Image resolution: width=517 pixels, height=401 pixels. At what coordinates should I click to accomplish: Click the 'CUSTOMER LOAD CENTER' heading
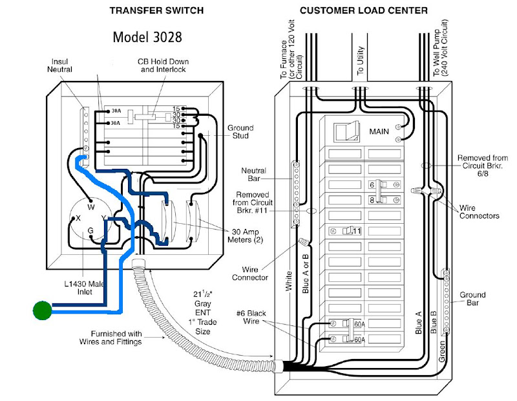pyautogui.click(x=363, y=10)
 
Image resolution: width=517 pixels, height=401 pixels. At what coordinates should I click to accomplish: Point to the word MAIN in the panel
pyautogui.click(x=379, y=131)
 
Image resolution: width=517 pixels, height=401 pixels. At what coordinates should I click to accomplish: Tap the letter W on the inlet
pyautogui.click(x=91, y=208)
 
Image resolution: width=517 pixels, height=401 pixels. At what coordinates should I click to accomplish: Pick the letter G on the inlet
pyautogui.click(x=91, y=230)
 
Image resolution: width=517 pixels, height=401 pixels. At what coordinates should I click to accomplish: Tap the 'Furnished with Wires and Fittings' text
pyautogui.click(x=111, y=338)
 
